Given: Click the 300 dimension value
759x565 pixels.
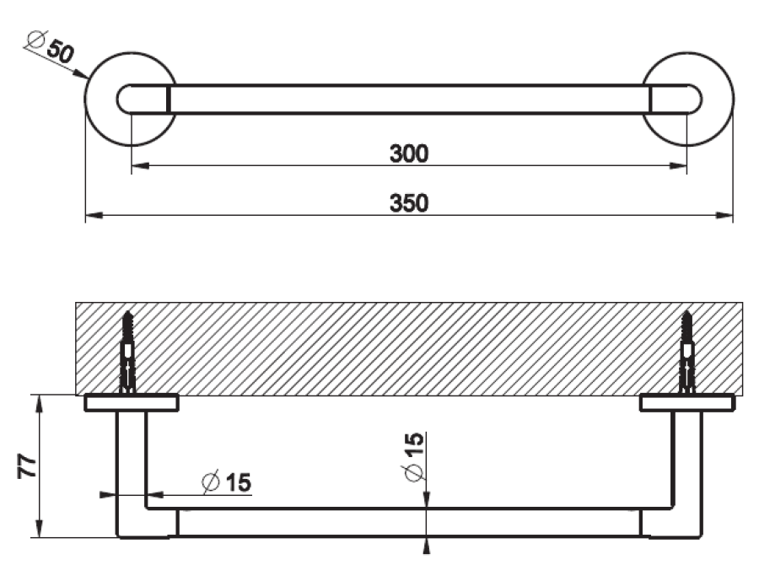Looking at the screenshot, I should point(409,153).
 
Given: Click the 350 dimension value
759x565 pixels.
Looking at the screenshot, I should point(409,204).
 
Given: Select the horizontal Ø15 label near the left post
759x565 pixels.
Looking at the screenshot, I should point(226,483).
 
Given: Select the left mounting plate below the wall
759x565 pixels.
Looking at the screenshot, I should point(131,403).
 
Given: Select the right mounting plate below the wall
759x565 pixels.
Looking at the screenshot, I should point(686,403).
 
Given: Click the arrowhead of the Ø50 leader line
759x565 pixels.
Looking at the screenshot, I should point(84,76).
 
